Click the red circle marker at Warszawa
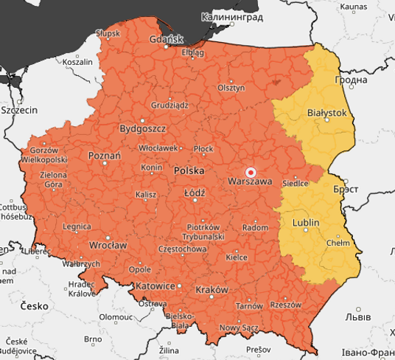pyautogui.click(x=250, y=172)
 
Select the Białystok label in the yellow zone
pyautogui.click(x=326, y=113)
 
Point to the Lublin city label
pyautogui.click(x=306, y=222)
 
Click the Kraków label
pyautogui.click(x=212, y=289)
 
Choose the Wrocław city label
pyautogui.click(x=108, y=245)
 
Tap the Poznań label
pyautogui.click(x=104, y=156)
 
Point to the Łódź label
pyautogui.click(x=195, y=193)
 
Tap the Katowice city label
pyautogui.click(x=155, y=285)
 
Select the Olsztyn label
pyautogui.click(x=231, y=87)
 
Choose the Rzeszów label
pyautogui.click(x=286, y=304)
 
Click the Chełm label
pyautogui.click(x=338, y=242)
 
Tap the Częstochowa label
pyautogui.click(x=183, y=249)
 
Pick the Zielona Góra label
pyautogui.click(x=52, y=180)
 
